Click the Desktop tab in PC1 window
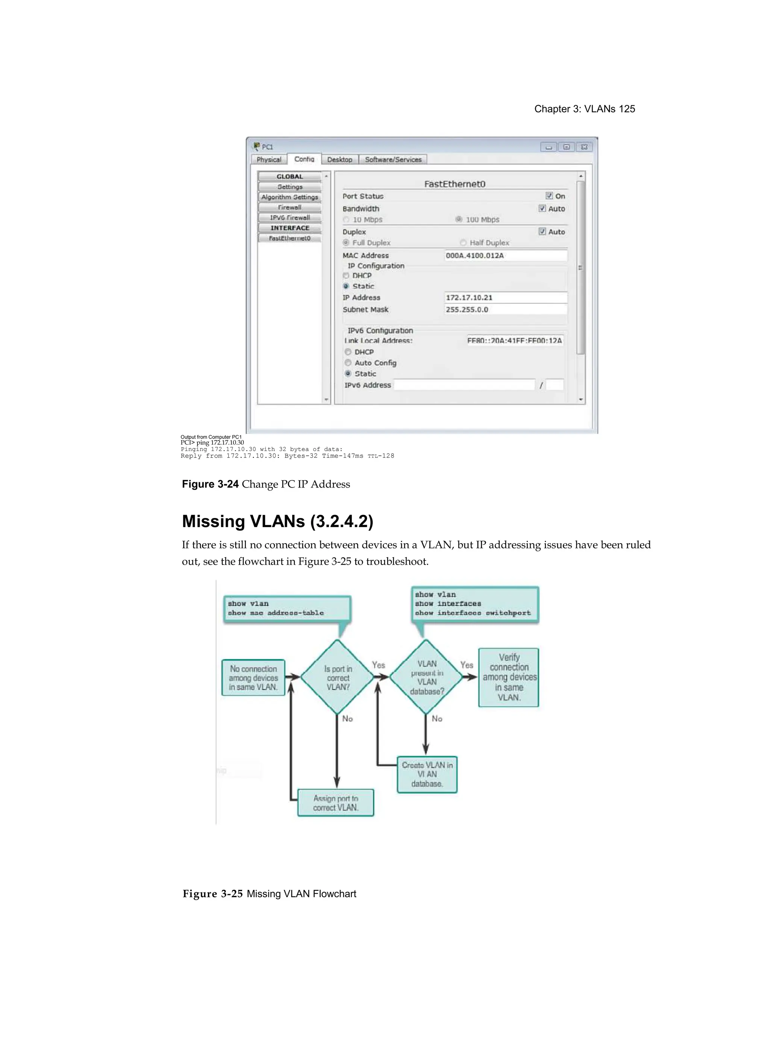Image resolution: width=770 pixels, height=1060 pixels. [x=340, y=159]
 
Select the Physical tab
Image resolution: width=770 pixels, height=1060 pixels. [x=269, y=159]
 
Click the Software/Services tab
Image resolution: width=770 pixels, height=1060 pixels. [x=393, y=159]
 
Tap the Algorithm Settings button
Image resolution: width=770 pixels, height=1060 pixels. [x=290, y=197]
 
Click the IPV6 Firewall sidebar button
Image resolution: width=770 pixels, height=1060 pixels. [x=290, y=218]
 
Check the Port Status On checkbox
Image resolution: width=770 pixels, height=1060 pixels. [x=549, y=196]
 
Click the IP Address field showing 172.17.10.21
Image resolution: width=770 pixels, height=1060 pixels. [x=506, y=298]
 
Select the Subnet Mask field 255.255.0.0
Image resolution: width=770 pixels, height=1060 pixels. [x=506, y=310]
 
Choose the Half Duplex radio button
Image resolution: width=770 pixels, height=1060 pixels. [x=463, y=243]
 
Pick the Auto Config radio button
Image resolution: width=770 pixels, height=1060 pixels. [x=348, y=363]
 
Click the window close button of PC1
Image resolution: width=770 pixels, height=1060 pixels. [x=584, y=147]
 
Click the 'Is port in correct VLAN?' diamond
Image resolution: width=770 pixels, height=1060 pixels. [x=337, y=677]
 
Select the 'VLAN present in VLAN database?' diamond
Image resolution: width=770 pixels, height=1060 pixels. [x=427, y=677]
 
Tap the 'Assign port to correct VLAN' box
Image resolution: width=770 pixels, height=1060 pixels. [x=335, y=803]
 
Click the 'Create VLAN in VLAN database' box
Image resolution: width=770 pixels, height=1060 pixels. [x=427, y=774]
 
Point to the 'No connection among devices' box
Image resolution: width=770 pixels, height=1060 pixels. [x=253, y=678]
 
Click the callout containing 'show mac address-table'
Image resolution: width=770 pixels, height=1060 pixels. [x=287, y=609]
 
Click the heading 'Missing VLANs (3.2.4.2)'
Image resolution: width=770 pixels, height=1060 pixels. [x=277, y=521]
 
